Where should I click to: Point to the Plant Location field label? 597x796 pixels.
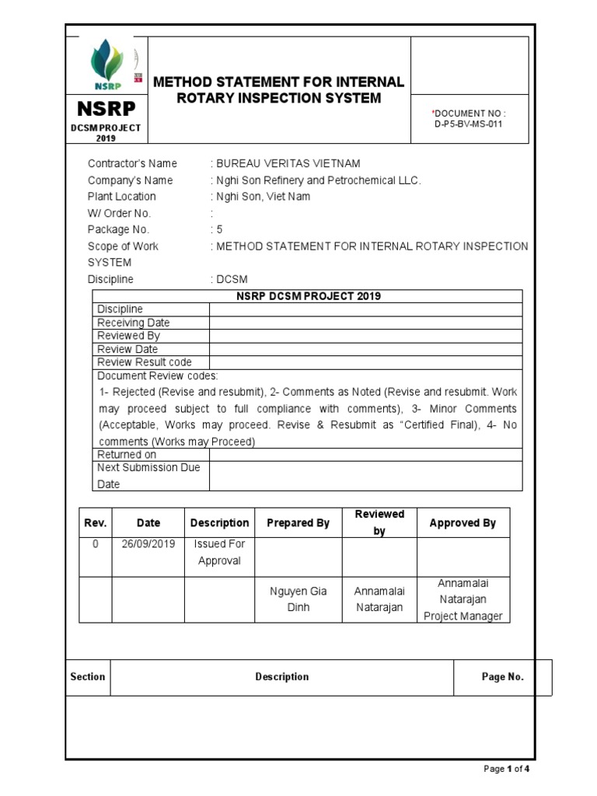pyautogui.click(x=121, y=197)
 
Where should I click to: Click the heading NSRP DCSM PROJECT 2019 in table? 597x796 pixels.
pyautogui.click(x=308, y=296)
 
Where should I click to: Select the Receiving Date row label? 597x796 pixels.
pyautogui.click(x=133, y=323)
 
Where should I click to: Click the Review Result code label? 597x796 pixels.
pyautogui.click(x=144, y=362)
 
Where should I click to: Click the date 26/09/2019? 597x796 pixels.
pyautogui.click(x=148, y=545)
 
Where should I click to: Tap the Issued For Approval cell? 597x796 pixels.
pyautogui.click(x=219, y=553)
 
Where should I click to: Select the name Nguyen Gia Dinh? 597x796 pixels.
pyautogui.click(x=298, y=599)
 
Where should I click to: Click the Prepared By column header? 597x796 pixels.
pyautogui.click(x=298, y=523)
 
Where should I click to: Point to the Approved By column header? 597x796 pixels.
pyautogui.click(x=463, y=523)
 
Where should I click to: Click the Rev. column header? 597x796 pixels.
pyautogui.click(x=95, y=523)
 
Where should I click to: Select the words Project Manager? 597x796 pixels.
pyautogui.click(x=463, y=616)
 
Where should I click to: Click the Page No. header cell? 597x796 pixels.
pyautogui.click(x=502, y=677)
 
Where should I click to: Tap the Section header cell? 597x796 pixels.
pyautogui.click(x=88, y=677)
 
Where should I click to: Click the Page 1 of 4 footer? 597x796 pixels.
pyautogui.click(x=506, y=770)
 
